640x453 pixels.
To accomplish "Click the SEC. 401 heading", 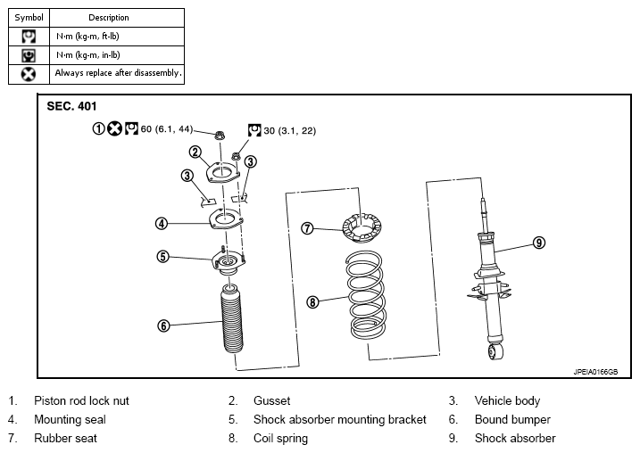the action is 71,106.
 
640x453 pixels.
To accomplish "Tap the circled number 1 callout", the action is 98,128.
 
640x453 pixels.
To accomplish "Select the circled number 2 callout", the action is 195,152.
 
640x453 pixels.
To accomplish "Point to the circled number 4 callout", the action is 162,224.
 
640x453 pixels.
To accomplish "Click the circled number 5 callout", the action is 162,257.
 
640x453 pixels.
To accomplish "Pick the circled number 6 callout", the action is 163,325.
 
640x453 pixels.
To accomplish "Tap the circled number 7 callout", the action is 307,228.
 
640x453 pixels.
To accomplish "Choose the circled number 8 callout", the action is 312,302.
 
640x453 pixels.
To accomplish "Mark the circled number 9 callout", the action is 539,243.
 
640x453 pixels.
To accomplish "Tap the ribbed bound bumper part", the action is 232,319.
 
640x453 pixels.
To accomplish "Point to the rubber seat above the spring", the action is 362,228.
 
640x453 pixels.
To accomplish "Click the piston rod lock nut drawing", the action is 220,135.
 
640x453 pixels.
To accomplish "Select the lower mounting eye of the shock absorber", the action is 495,352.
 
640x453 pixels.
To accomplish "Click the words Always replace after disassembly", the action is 118,73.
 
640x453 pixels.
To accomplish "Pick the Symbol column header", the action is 29,18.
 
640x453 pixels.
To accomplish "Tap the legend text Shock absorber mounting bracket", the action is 339,420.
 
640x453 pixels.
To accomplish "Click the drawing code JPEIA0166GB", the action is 595,372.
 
